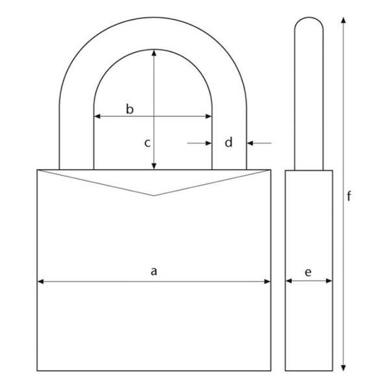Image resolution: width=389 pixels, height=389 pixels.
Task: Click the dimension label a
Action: [154, 271]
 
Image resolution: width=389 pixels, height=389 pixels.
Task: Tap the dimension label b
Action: [130, 109]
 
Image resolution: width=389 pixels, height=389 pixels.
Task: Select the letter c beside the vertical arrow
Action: [147, 143]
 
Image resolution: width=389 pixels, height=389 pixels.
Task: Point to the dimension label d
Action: [229, 142]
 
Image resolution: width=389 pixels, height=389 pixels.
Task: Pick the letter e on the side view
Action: [308, 272]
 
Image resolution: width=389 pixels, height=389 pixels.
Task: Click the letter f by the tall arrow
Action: [349, 196]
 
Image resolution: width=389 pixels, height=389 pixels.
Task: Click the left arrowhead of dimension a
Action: [40, 281]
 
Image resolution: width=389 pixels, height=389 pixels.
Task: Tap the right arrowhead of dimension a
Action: [267, 281]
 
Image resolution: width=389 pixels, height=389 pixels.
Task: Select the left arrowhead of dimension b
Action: [97, 116]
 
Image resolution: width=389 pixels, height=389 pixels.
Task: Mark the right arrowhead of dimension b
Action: [209, 116]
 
